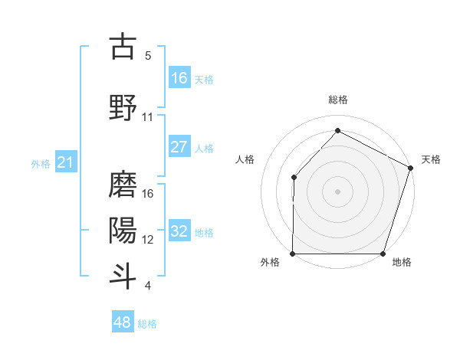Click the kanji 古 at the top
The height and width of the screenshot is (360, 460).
coord(123,47)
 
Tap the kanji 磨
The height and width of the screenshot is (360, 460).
coord(123,184)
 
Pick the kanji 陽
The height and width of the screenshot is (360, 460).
coord(123,229)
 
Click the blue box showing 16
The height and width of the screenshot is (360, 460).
coord(179,78)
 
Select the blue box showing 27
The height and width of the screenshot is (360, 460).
coord(179,147)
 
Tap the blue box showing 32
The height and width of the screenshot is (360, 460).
coord(179,231)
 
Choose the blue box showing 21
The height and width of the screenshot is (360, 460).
coord(65,162)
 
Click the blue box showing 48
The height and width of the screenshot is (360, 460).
coord(122,322)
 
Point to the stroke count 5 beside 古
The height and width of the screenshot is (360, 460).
coord(148,56)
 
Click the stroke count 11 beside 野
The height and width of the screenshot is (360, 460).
coord(148,117)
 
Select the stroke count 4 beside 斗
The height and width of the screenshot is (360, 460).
coord(148,286)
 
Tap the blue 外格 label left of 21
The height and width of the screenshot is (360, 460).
coord(41,163)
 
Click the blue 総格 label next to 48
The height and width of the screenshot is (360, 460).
coord(147,324)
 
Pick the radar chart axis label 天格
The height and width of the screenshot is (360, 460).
coord(431,159)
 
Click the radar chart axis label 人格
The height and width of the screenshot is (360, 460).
coord(245,159)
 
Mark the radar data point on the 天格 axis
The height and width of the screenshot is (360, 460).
coord(410,168)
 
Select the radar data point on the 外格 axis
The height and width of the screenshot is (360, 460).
coord(293,254)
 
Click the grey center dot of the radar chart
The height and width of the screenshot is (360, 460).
coord(337,191)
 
